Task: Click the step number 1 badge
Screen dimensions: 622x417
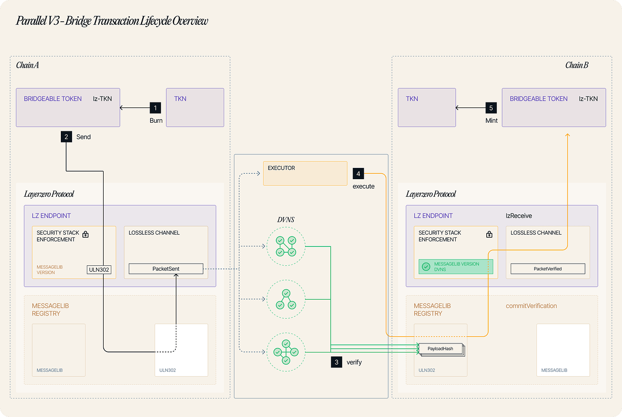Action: point(155,108)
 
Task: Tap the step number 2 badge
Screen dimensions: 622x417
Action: point(66,137)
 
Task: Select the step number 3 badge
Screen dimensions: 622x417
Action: point(336,362)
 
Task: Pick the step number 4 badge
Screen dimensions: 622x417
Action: point(358,173)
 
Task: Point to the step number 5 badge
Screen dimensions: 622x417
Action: point(491,108)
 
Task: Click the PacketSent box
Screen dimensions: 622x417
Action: point(166,269)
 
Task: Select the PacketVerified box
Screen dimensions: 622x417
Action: point(548,269)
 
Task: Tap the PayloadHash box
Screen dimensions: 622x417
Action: point(441,348)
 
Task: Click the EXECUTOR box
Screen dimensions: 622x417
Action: point(305,173)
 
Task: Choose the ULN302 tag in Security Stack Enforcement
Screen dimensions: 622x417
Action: point(99,270)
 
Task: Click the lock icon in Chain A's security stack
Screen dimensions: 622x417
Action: point(86,234)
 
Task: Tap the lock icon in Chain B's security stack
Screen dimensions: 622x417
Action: point(489,234)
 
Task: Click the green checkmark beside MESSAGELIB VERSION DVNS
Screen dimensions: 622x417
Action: point(426,267)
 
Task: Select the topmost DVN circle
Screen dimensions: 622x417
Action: point(286,246)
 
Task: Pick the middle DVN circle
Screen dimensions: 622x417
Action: point(286,299)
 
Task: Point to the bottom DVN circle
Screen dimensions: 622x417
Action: point(286,352)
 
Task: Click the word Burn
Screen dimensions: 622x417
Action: point(156,120)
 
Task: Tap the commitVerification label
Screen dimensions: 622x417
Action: point(531,306)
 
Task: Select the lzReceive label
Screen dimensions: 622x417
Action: point(519,216)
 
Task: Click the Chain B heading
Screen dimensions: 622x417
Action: point(577,65)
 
